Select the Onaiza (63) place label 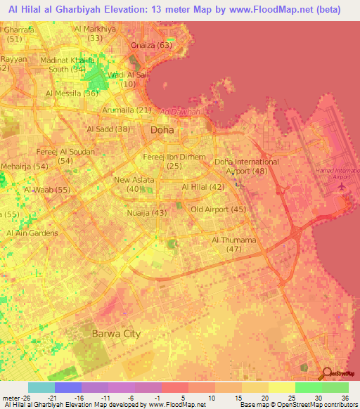pos(151,45)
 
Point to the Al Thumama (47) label pos(235,245)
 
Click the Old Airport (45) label pos(218,209)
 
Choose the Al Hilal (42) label pos(203,187)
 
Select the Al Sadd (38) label pos(108,129)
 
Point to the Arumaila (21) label pos(129,110)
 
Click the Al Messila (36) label pos(71,93)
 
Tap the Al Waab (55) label pos(47,190)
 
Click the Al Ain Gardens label pos(33,233)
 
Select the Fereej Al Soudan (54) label pos(66,156)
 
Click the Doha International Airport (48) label pos(246,166)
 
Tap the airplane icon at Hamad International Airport pos(342,187)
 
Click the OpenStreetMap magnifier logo pos(328,374)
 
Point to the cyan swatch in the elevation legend pos(41,387)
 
